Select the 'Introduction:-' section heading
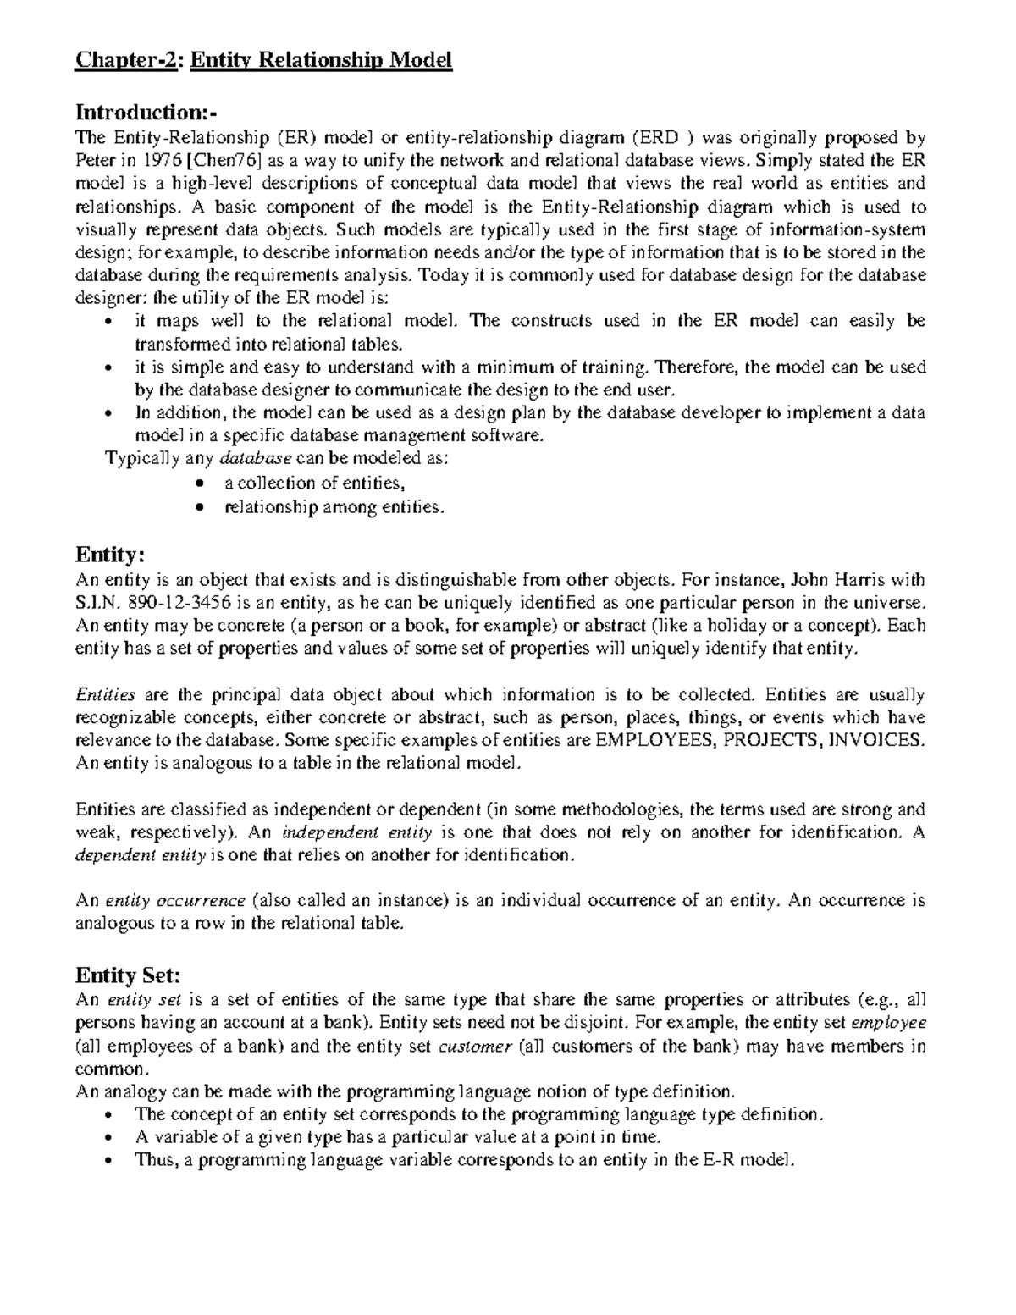click(146, 112)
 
